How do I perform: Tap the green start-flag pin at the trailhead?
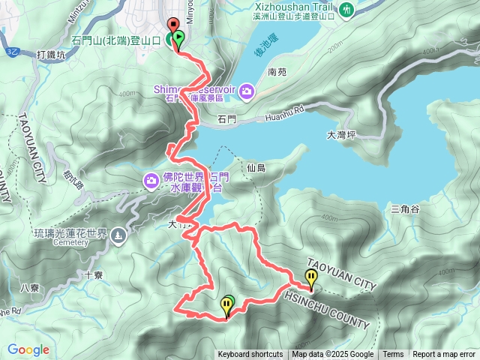[178, 39]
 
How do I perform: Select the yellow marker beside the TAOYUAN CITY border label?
[310, 278]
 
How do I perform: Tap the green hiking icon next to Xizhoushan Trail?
[346, 10]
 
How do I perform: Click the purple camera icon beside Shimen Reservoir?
[247, 91]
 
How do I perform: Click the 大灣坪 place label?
[343, 136]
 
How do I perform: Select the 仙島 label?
[256, 169]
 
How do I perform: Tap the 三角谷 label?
[404, 208]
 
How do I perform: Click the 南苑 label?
[277, 73]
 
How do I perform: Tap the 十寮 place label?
[93, 275]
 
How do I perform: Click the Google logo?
[28, 349]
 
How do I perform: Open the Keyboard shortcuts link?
[250, 355]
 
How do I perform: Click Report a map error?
[444, 355]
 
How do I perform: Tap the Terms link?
[393, 355]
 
